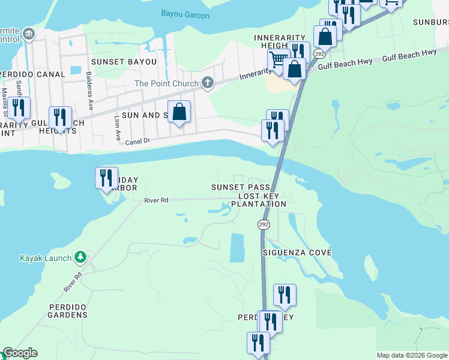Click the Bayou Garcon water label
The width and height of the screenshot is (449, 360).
(x=185, y=13)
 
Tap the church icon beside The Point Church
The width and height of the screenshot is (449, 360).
(x=208, y=83)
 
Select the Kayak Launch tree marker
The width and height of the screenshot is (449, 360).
(x=80, y=258)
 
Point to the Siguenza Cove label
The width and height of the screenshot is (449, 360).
(x=297, y=253)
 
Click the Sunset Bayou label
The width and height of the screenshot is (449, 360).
(x=124, y=62)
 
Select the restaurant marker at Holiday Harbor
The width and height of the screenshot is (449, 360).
(x=106, y=178)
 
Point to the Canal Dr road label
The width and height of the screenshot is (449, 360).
(x=137, y=142)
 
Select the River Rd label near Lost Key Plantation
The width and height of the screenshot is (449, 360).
(x=157, y=200)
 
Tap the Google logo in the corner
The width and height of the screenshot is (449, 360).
(x=19, y=353)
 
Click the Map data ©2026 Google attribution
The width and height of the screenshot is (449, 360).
(x=412, y=355)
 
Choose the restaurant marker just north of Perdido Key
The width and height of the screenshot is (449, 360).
(x=285, y=295)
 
